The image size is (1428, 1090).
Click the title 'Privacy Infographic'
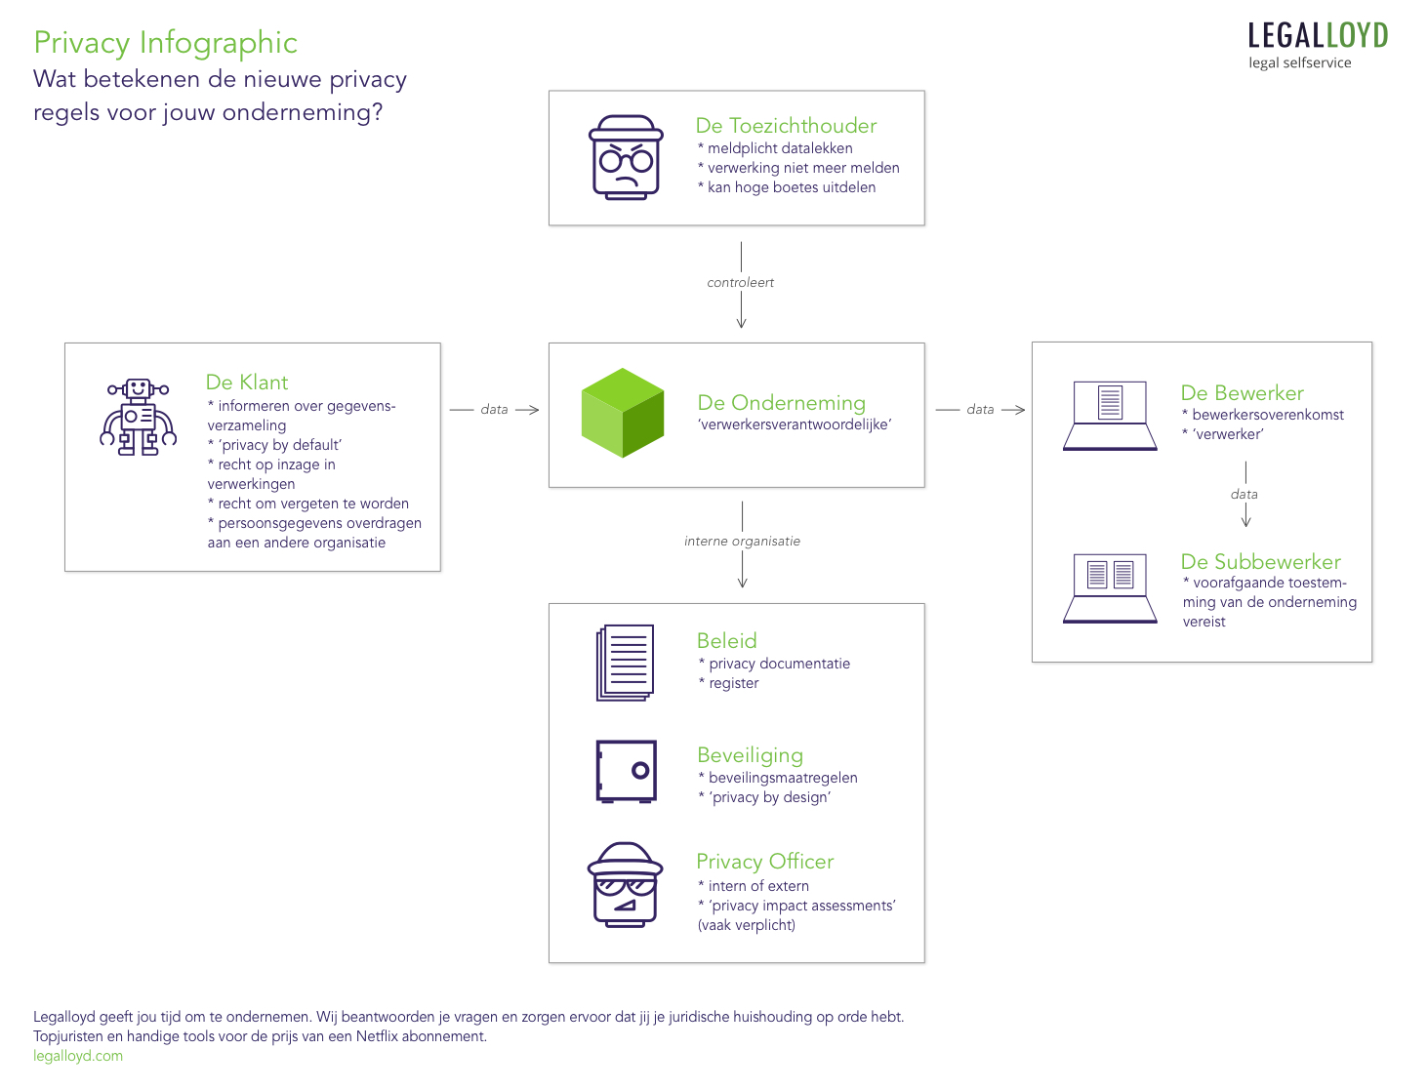(165, 43)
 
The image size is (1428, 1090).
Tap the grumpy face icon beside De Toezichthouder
(626, 157)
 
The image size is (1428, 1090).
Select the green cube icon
(623, 413)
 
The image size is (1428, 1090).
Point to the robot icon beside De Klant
(139, 417)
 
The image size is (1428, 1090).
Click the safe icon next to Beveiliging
(626, 771)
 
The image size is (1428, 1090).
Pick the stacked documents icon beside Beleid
(625, 663)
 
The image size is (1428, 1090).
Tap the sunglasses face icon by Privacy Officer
(625, 884)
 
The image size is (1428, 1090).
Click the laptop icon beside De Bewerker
(1110, 416)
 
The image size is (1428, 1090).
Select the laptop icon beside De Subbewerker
(1110, 587)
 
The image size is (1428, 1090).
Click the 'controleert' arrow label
(741, 283)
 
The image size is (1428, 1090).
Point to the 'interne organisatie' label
(742, 542)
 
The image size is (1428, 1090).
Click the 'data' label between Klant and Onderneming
(494, 410)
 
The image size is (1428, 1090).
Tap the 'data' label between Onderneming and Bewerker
(980, 410)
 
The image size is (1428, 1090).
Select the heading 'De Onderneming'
(782, 403)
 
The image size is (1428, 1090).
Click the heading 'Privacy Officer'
(765, 862)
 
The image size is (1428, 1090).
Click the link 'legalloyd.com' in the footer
(78, 1056)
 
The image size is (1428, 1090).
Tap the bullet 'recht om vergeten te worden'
(312, 504)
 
